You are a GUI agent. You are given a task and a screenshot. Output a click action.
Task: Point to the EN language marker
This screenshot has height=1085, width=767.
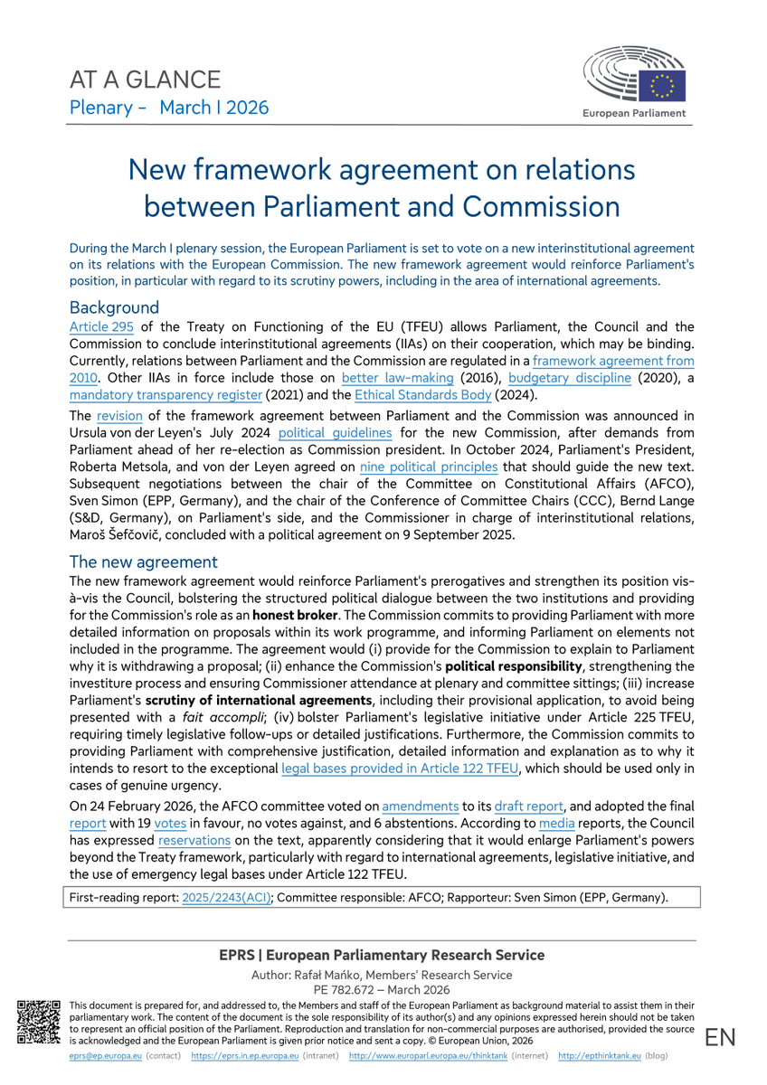pos(721,1037)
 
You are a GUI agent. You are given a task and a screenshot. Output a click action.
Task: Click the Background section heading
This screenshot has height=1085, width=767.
pos(114,307)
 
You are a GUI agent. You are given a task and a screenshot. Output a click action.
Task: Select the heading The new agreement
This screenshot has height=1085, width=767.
pos(143,561)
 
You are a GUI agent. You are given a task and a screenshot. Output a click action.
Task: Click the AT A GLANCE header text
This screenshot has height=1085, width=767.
pos(145,80)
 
